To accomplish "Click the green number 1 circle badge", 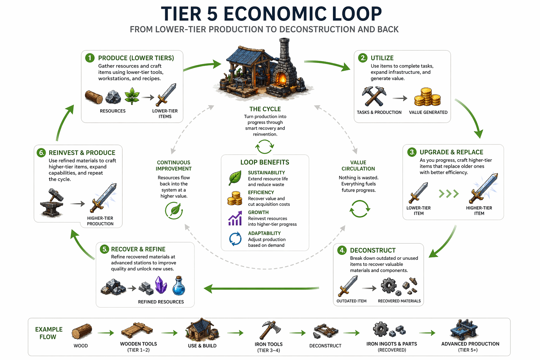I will coord(90,58).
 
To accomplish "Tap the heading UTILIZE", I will coord(382,58).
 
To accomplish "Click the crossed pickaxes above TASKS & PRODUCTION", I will coord(374,96).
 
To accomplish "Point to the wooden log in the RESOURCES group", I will coord(94,97).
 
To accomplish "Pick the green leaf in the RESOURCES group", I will coord(132,96).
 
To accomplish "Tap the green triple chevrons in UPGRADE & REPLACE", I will coord(449,193).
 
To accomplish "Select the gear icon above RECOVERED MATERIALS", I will coord(388,285).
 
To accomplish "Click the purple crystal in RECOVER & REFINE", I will coord(161,285).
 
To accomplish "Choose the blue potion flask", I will coord(179,286).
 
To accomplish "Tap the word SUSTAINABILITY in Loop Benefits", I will coord(266,173).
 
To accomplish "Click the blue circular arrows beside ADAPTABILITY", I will coord(235,239).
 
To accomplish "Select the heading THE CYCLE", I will coord(265,109).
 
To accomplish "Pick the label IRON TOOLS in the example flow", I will coord(269,344).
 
